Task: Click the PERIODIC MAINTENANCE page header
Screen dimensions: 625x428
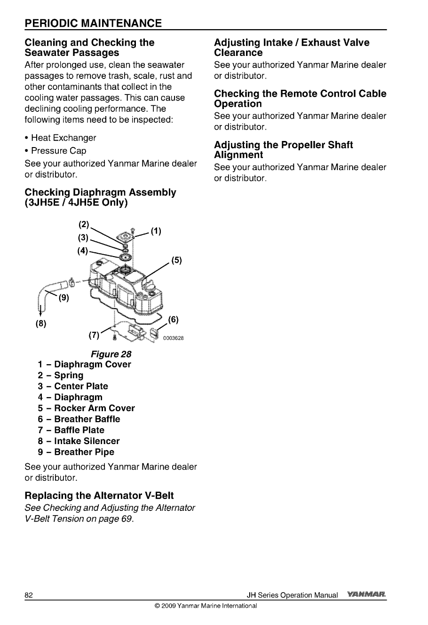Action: coord(93,23)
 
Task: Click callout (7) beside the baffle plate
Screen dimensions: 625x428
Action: coord(94,336)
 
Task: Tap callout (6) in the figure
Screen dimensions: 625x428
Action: coord(173,320)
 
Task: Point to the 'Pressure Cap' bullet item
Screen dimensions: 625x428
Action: coord(58,151)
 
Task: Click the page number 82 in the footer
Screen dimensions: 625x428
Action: coord(29,595)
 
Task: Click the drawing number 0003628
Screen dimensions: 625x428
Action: coord(173,338)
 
